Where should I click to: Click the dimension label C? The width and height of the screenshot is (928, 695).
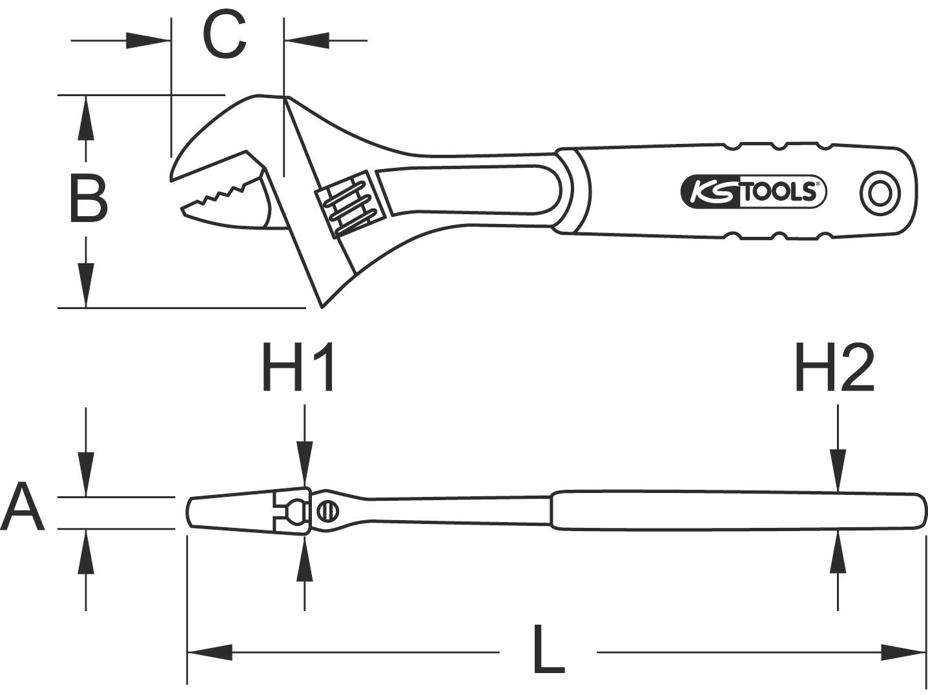225,36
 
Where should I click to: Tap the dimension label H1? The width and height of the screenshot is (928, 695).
298,368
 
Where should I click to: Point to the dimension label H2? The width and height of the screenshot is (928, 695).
834,368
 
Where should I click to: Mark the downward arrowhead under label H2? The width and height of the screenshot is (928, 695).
838,474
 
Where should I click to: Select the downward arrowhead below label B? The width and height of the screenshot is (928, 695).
86,283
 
